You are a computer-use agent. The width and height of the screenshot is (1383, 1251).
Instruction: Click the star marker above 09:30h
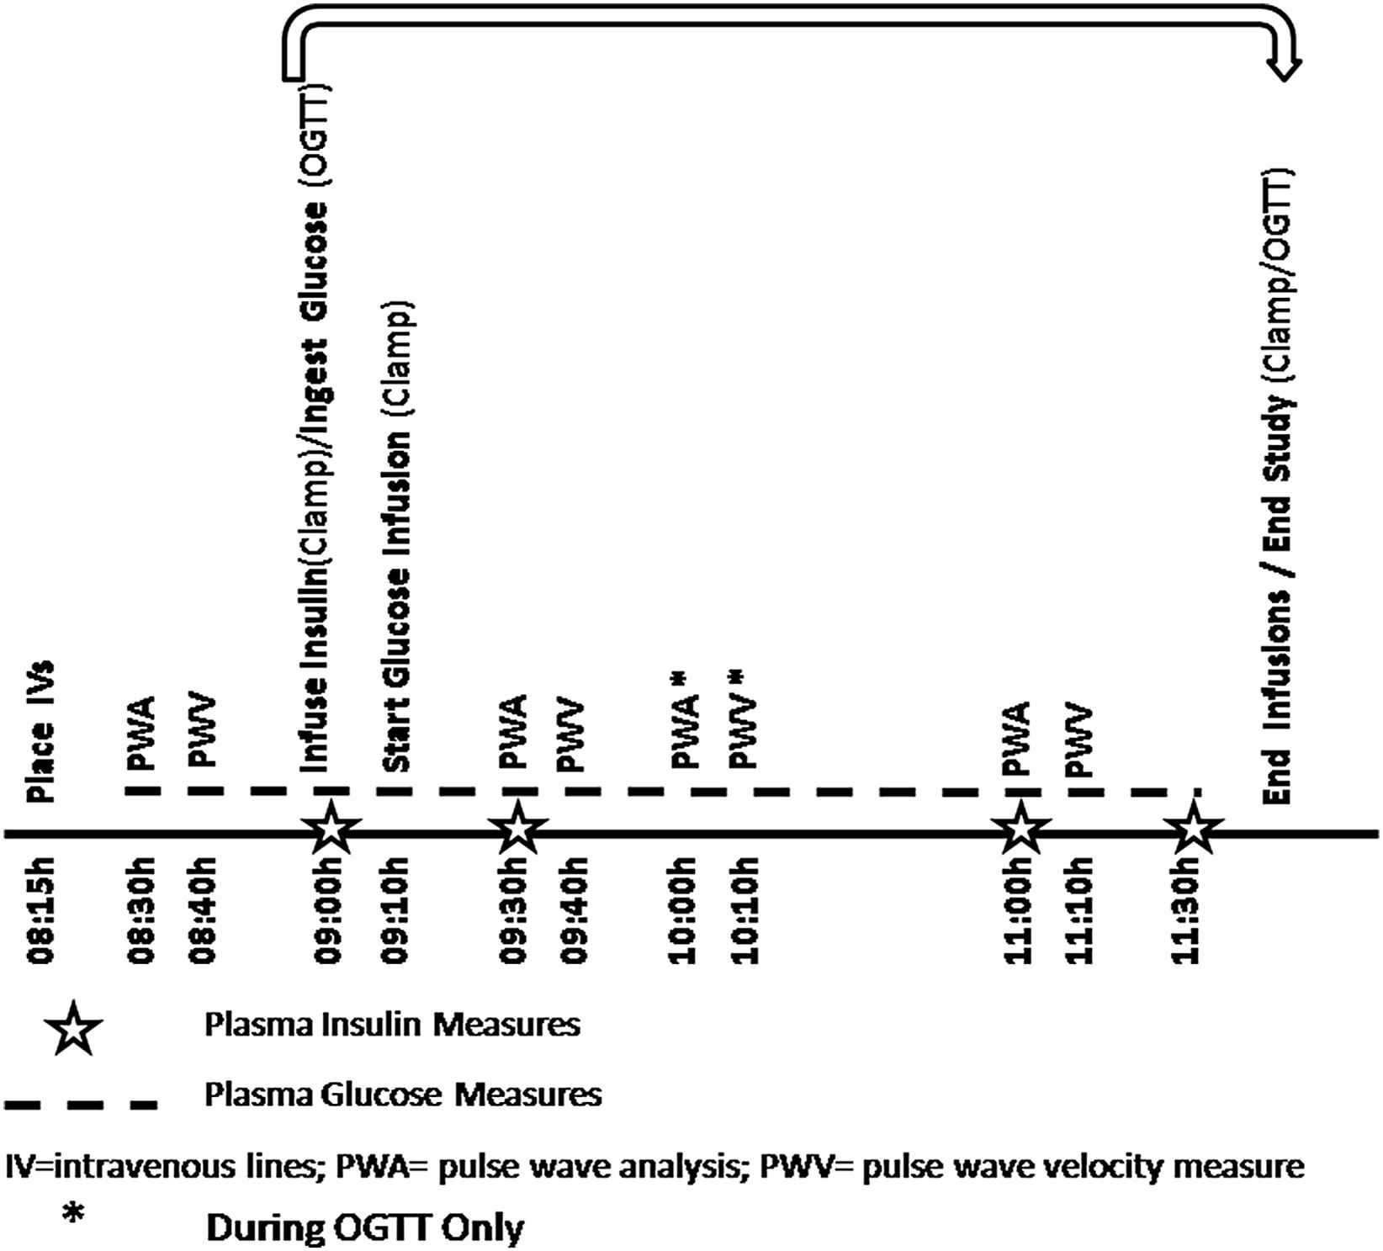tap(517, 829)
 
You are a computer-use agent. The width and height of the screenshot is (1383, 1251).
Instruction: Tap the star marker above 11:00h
tap(1020, 829)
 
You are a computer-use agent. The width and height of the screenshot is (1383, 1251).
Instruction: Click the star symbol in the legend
tap(74, 1028)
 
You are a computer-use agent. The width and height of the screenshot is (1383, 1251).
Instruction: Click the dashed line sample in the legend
tap(80, 1103)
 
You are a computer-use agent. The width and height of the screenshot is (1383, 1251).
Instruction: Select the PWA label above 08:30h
tap(140, 733)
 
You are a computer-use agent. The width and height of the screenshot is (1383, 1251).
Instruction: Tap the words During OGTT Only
tap(364, 1227)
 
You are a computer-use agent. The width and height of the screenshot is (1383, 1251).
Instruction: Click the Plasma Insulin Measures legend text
tap(392, 1025)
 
